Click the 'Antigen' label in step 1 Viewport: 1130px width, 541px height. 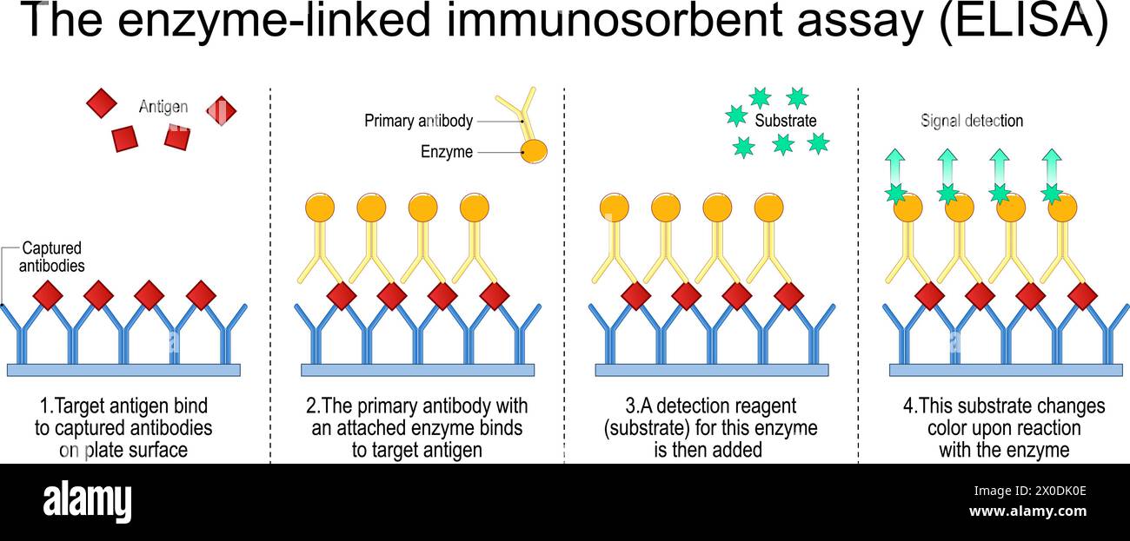pos(163,107)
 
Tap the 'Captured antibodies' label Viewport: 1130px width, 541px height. pos(52,257)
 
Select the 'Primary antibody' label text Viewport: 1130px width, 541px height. pos(418,121)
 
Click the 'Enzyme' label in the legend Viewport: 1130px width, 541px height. pos(447,152)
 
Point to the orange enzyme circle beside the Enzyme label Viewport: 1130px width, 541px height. pos(534,151)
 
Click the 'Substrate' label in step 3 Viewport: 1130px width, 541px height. pos(786,121)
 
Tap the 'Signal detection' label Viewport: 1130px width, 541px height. pos(972,121)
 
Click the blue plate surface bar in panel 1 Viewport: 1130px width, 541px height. pos(123,370)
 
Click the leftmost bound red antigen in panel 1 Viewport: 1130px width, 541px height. pos(48,295)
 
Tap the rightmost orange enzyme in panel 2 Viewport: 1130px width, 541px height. pos(474,208)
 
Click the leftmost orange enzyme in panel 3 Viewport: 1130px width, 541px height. pos(614,208)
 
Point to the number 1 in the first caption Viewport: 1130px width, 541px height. pos(44,406)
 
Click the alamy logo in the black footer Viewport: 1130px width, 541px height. pos(87,502)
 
